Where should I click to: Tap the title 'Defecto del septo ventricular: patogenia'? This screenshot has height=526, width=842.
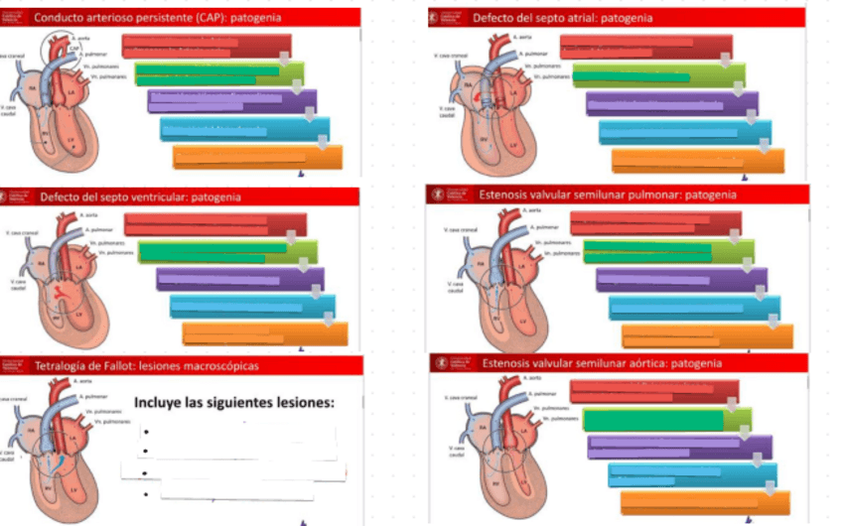click(x=140, y=197)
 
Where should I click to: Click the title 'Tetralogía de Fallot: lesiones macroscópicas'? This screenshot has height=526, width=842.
click(x=146, y=366)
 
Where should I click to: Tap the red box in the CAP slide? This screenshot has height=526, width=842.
click(x=207, y=46)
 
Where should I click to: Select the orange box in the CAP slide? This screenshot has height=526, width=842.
click(x=257, y=158)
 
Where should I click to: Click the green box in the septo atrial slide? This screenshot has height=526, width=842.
click(x=645, y=75)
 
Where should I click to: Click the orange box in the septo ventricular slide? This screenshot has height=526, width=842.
click(x=265, y=334)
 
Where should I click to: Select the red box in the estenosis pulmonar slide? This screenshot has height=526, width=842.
click(x=645, y=223)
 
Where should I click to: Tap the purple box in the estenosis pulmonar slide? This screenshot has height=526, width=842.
click(x=681, y=280)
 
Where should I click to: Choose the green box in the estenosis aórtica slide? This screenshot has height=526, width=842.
click(x=666, y=420)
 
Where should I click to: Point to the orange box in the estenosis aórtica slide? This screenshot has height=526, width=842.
click(x=704, y=502)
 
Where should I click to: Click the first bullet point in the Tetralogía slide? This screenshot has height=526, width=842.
click(x=146, y=433)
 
